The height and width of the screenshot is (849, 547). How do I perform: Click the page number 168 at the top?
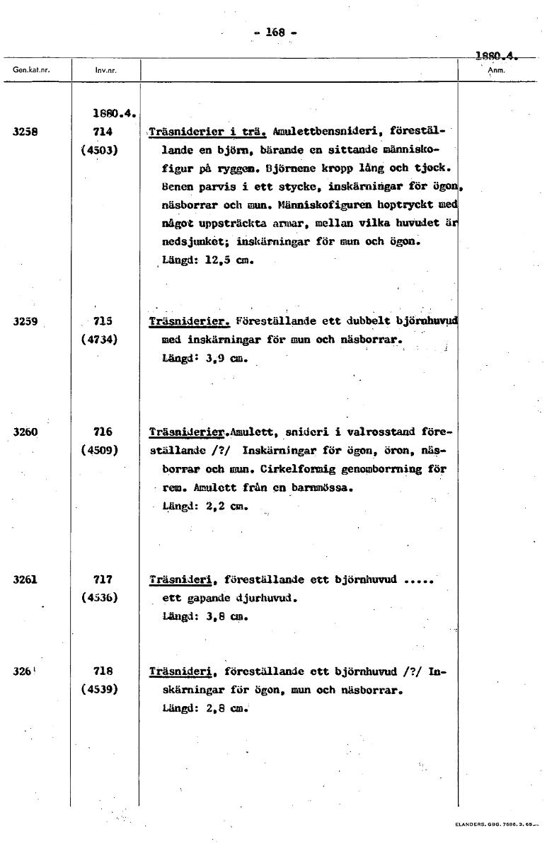[x=274, y=32]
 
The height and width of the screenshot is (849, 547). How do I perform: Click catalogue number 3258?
[x=25, y=131]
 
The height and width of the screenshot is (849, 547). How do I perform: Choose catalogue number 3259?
[x=25, y=320]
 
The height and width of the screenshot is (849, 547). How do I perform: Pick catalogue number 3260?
[x=25, y=432]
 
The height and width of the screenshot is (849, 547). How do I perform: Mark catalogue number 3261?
[x=25, y=579]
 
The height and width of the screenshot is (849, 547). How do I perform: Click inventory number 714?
[x=103, y=131]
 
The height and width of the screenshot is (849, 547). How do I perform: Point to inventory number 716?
[x=103, y=432]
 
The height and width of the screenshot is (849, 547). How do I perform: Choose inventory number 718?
[x=103, y=671]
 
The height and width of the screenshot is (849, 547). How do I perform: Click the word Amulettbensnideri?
[x=322, y=132]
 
